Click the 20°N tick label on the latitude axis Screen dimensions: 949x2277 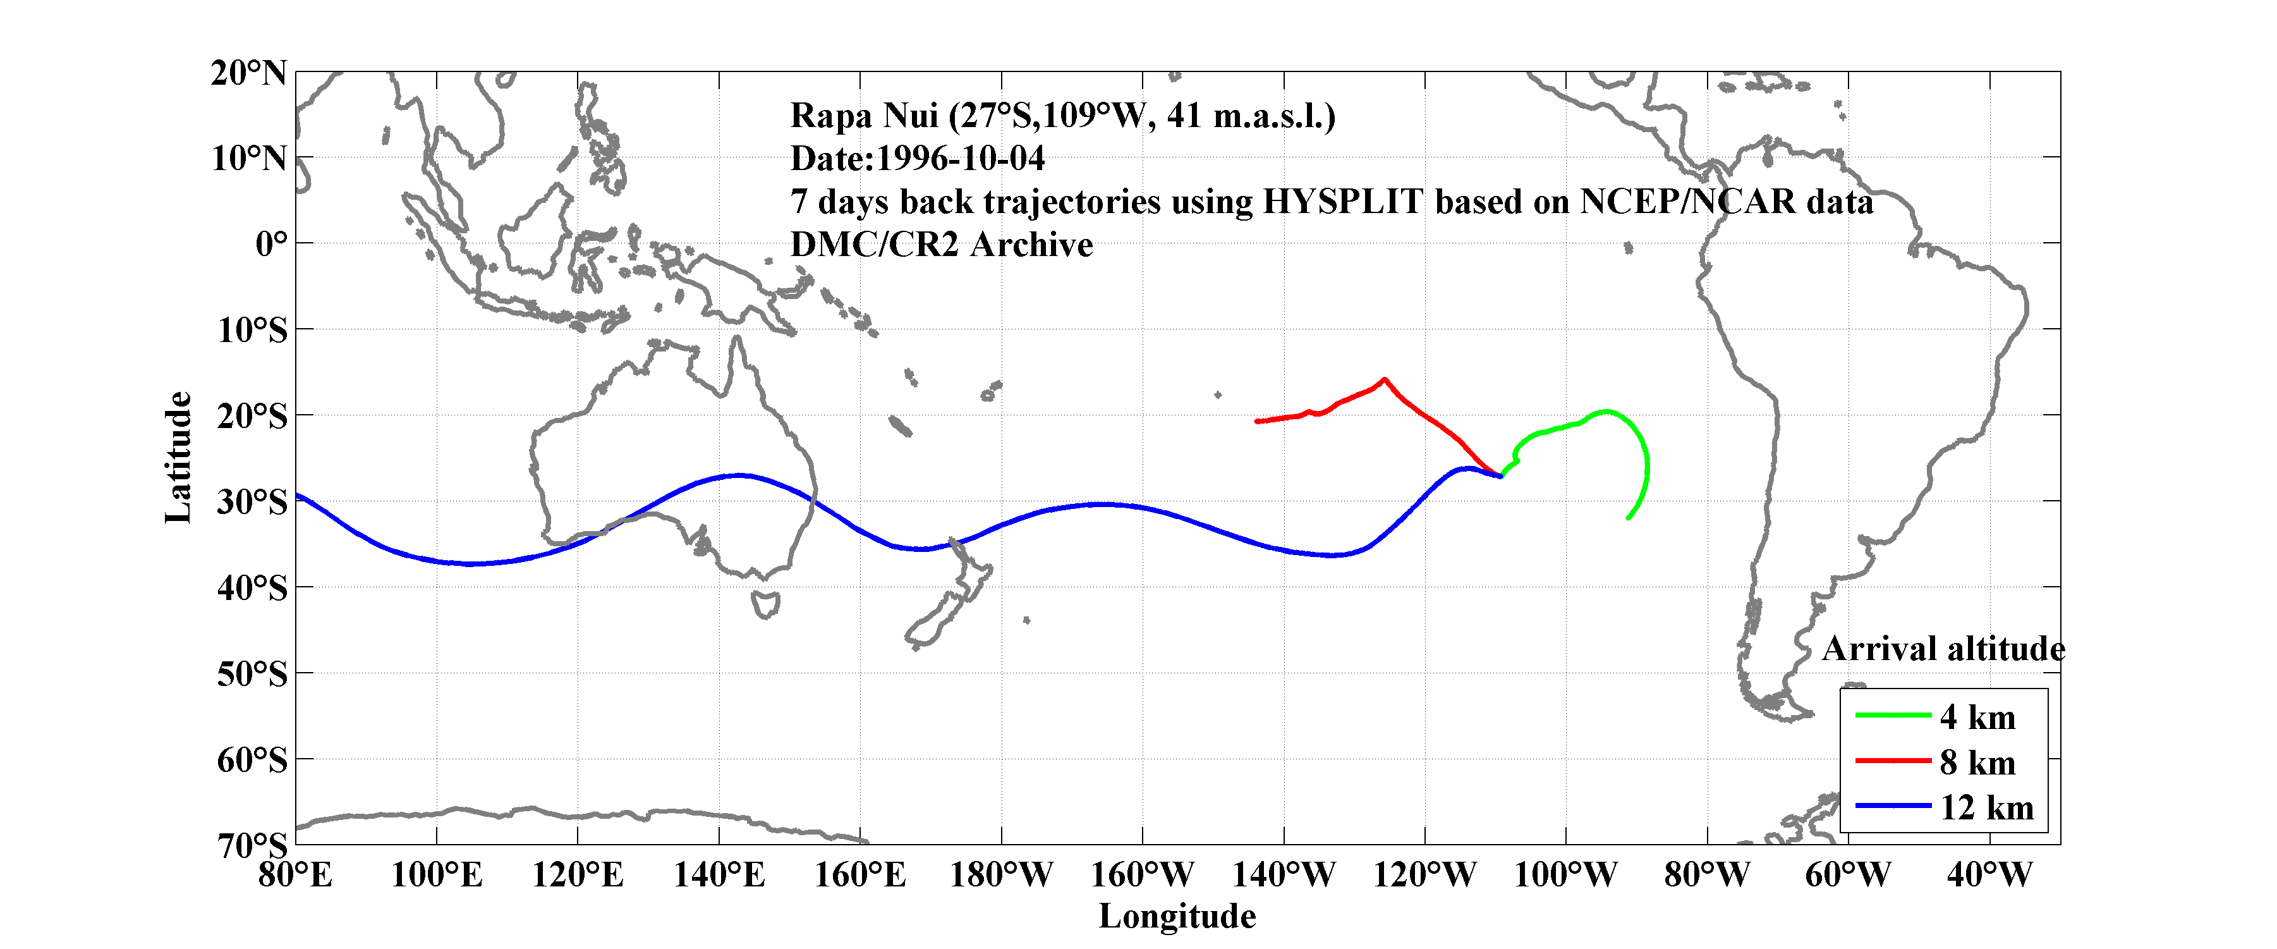click(x=248, y=73)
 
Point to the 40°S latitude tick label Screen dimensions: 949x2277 click(x=252, y=587)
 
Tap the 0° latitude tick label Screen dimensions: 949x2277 click(x=271, y=243)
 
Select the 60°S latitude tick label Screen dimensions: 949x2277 click(x=252, y=760)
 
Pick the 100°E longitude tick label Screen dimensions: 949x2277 click(x=437, y=876)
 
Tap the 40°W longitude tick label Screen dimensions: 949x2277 click(x=1989, y=876)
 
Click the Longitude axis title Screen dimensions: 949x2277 click(x=1177, y=916)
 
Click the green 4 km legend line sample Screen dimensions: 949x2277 click(x=1893, y=714)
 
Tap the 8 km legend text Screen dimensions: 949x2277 click(x=1977, y=762)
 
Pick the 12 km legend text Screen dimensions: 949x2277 click(x=1986, y=807)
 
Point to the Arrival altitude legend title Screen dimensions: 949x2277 click(x=1943, y=649)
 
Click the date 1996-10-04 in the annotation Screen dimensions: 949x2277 click(x=960, y=159)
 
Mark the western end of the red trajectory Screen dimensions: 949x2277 click(x=1257, y=421)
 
